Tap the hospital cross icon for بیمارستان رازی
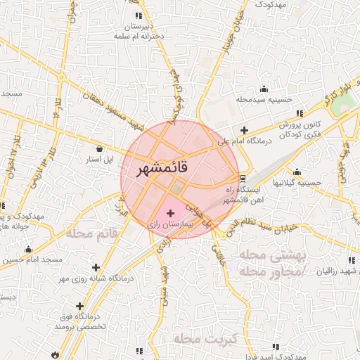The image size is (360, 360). tap(171, 212)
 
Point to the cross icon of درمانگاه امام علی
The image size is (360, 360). tap(244, 130)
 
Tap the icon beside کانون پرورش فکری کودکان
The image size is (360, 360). tap(300, 112)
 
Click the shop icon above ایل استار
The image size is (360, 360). tap(105, 149)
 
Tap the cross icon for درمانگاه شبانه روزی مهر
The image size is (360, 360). tap(96, 267)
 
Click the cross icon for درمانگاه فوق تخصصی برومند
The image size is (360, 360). tap(80, 307)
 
